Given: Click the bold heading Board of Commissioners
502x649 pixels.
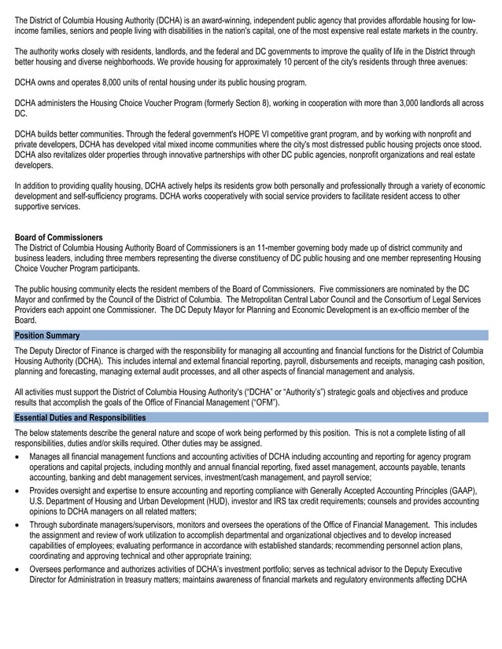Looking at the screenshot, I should point(58,237).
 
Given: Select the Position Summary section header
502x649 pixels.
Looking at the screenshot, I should point(47,335).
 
